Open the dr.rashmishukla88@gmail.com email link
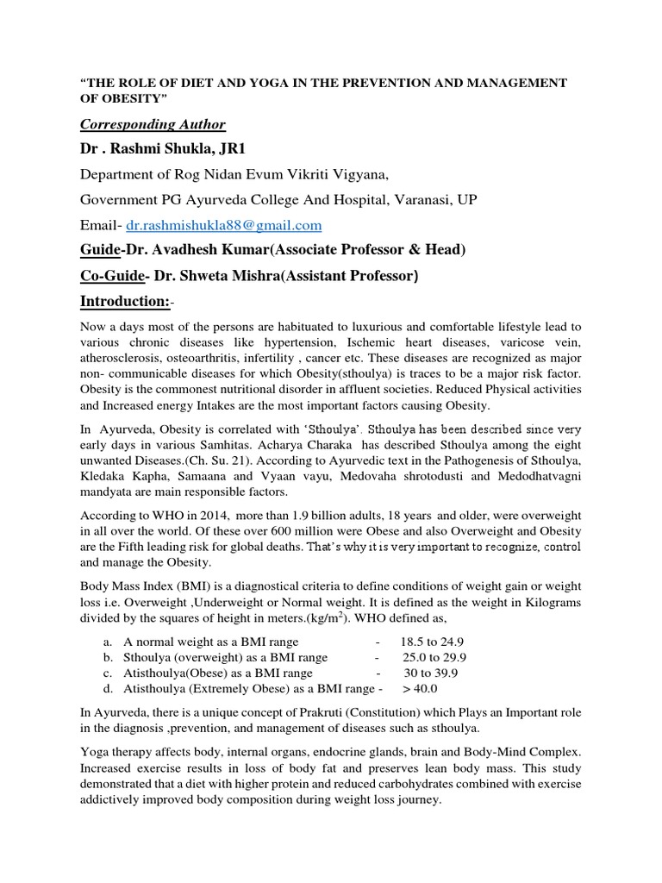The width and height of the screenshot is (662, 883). click(224, 225)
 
